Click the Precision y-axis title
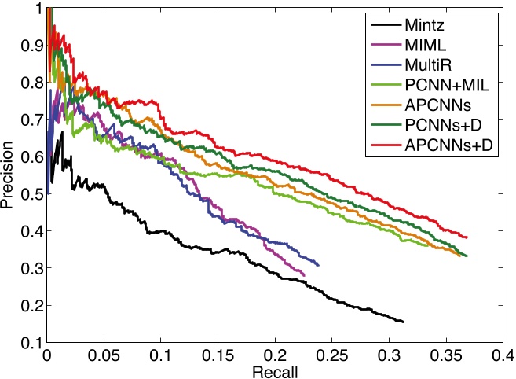pyautogui.click(x=9, y=175)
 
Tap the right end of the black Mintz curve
pyautogui.click(x=403, y=322)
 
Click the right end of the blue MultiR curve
pyautogui.click(x=318, y=265)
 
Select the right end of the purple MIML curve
pyautogui.click(x=303, y=274)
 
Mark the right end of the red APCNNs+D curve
pyautogui.click(x=467, y=237)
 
